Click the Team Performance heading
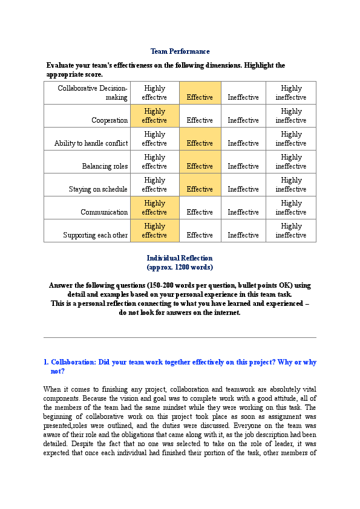point(180,51)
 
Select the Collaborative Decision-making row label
point(93,92)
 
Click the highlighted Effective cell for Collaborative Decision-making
point(200,97)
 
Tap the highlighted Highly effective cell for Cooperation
point(154,115)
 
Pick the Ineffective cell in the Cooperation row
point(243,120)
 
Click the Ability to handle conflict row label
point(91,143)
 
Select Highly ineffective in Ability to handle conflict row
point(291,138)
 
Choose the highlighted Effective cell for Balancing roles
point(200,166)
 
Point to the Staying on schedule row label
point(98,189)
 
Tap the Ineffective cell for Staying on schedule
point(243,189)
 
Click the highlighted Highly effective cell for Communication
point(154,207)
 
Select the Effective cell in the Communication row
point(200,212)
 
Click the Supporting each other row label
point(96,235)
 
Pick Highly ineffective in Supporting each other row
point(291,230)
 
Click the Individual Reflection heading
point(180,258)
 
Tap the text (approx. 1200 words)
point(180,267)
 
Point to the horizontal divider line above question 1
point(180,337)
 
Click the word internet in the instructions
point(227,313)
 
